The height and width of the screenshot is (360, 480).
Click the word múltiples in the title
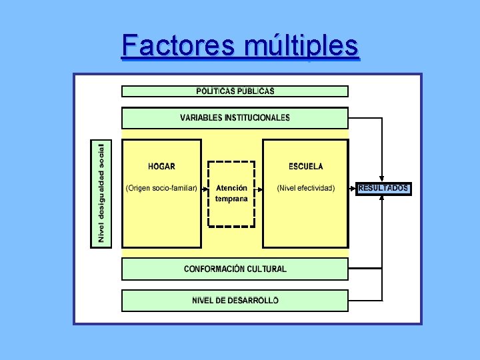(301, 47)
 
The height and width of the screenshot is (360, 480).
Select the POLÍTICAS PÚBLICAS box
(235, 91)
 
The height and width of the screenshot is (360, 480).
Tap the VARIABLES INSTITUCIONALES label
(235, 118)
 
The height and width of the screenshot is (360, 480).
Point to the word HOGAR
(161, 167)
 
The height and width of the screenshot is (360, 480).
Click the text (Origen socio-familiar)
(161, 189)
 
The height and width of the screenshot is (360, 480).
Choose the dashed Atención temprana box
(231, 193)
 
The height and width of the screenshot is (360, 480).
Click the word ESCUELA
(305, 167)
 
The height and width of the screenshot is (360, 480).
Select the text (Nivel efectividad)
(305, 189)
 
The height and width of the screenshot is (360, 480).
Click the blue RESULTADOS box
(383, 189)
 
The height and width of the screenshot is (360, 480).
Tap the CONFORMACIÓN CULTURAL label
(235, 269)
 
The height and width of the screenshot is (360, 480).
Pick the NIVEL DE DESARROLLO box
(235, 301)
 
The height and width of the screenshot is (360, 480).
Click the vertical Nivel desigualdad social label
(101, 193)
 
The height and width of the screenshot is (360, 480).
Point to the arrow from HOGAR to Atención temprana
(205, 189)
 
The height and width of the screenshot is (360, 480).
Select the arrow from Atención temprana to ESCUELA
(259, 189)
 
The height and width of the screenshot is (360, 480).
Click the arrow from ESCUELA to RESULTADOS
(353, 189)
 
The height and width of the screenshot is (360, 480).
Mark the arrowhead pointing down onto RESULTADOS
(382, 179)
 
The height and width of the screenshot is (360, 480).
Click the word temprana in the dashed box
(231, 199)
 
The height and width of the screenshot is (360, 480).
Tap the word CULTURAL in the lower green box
(266, 269)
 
